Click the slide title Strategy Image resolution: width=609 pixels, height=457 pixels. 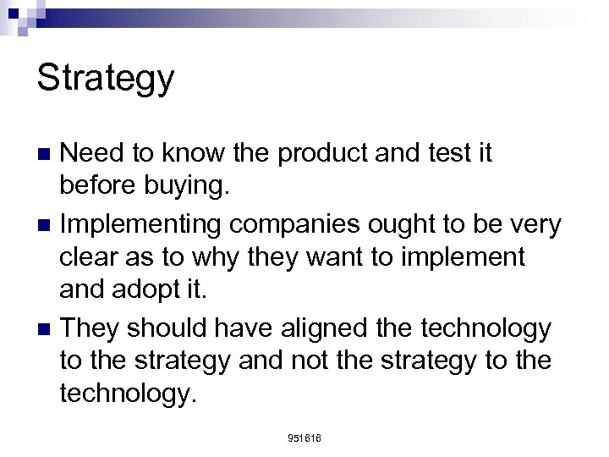click(106, 79)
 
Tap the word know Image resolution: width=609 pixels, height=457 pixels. click(205, 153)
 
